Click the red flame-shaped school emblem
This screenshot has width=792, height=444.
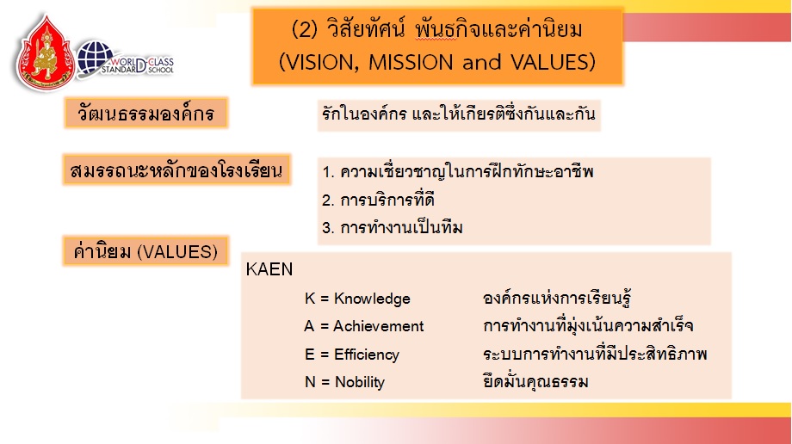[46, 53]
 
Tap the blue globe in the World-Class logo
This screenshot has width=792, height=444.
[95, 57]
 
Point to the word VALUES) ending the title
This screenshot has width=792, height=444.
[553, 63]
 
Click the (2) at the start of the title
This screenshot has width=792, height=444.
[305, 30]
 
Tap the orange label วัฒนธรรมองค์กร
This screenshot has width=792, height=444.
[146, 113]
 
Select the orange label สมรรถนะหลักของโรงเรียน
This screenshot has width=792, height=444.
[176, 170]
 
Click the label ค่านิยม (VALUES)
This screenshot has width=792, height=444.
[145, 251]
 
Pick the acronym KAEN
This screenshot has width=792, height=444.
[269, 269]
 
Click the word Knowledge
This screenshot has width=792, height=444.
[372, 299]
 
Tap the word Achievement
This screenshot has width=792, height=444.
[378, 326]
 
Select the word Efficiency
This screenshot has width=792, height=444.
[366, 355]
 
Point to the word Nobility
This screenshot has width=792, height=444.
[360, 382]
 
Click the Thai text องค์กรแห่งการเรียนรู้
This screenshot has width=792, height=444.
[557, 298]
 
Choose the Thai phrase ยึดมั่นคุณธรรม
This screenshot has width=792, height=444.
[535, 381]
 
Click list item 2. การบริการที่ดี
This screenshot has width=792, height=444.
[378, 200]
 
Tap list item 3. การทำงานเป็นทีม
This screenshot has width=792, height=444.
[393, 227]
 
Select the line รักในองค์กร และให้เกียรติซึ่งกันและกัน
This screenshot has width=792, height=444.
[458, 114]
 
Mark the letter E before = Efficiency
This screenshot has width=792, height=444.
[310, 355]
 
